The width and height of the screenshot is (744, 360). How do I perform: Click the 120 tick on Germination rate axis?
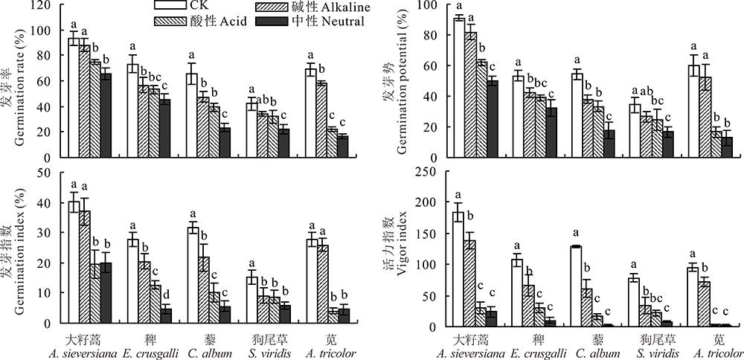46,5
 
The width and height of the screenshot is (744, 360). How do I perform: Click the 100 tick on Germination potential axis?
437,5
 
